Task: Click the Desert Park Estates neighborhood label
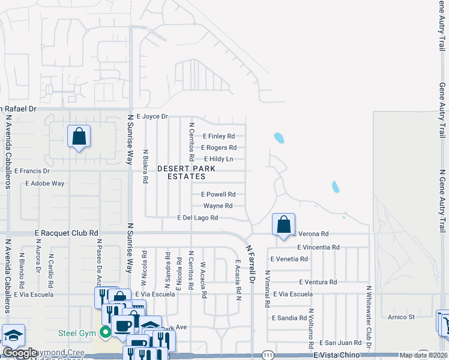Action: coord(181,173)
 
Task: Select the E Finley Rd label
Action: coord(218,136)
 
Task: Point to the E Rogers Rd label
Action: coord(218,148)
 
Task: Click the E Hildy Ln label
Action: coord(218,159)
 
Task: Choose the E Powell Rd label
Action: coord(218,194)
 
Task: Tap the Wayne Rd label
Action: coord(218,206)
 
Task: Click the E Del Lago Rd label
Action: coord(197,218)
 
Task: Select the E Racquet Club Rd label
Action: coord(66,232)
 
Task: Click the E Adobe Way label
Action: coord(45,184)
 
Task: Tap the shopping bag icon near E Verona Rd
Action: coord(283,225)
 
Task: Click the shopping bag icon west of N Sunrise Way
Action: coord(79,136)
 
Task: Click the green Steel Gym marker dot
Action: coord(106,332)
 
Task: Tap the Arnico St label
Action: coord(401,317)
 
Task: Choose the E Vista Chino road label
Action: coord(339,355)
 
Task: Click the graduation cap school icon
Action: coord(13,335)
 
